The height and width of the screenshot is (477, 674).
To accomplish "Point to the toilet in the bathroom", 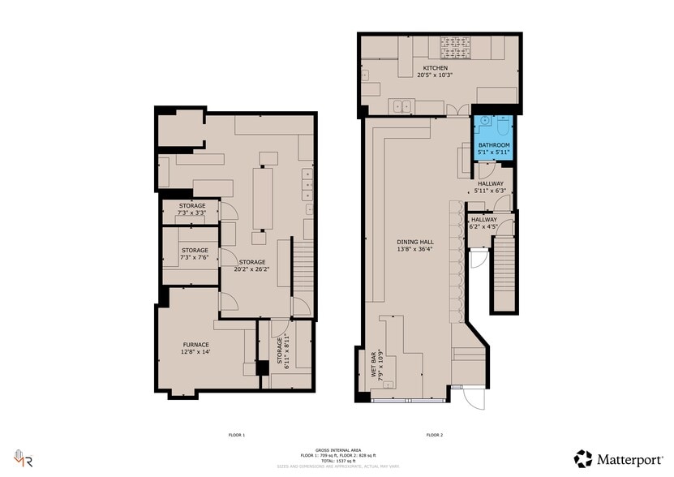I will (x=502, y=127).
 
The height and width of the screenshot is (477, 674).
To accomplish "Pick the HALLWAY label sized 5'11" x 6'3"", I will (x=491, y=187).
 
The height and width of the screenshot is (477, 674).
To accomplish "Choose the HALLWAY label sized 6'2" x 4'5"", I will (x=484, y=223).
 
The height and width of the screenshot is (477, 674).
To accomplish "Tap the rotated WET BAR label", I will (x=377, y=364).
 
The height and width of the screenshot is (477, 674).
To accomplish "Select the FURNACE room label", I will (x=195, y=349).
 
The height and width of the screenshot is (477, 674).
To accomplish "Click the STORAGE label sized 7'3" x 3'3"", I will (x=192, y=209).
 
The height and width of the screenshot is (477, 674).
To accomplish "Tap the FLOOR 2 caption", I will (x=434, y=436).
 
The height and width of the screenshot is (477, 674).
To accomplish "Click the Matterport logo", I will (x=619, y=458).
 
